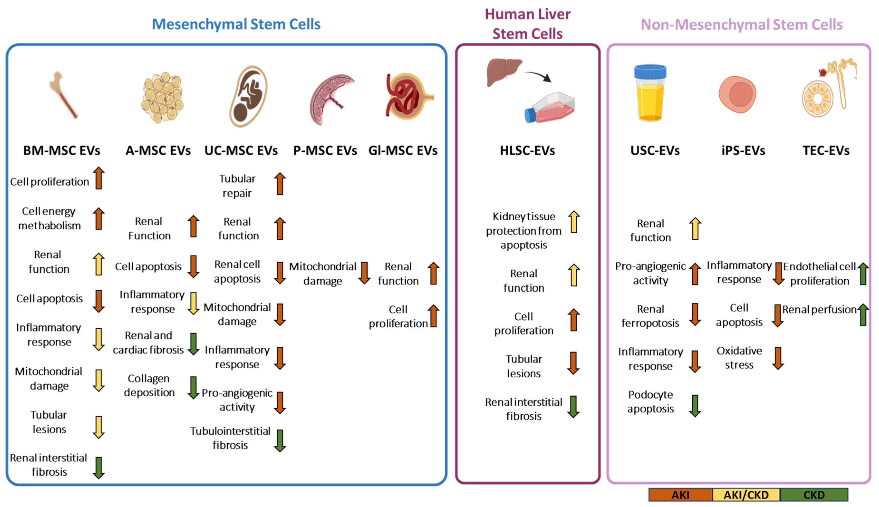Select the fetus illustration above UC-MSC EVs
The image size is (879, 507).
pyautogui.click(x=248, y=96)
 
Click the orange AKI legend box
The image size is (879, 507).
pyautogui.click(x=680, y=494)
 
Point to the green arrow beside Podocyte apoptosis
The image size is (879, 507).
pyautogui.click(x=695, y=406)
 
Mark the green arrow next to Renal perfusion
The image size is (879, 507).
pyautogui.click(x=863, y=315)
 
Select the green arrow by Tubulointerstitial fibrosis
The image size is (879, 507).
pyautogui.click(x=280, y=441)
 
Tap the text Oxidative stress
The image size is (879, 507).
pyautogui.click(x=739, y=358)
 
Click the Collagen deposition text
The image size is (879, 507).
pyautogui.click(x=149, y=385)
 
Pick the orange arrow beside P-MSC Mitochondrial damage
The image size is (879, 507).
pyautogui.click(x=365, y=273)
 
